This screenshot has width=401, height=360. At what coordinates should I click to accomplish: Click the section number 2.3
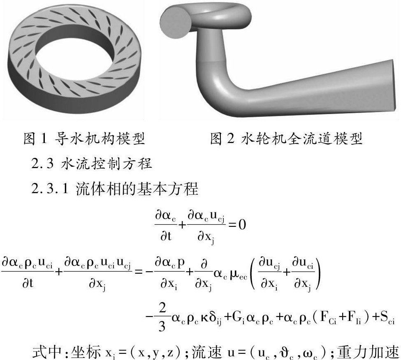click(42, 164)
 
